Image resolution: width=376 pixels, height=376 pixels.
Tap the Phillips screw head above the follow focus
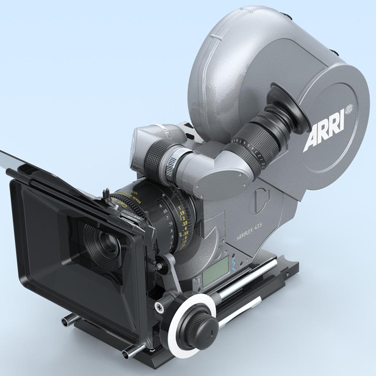[159, 307]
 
